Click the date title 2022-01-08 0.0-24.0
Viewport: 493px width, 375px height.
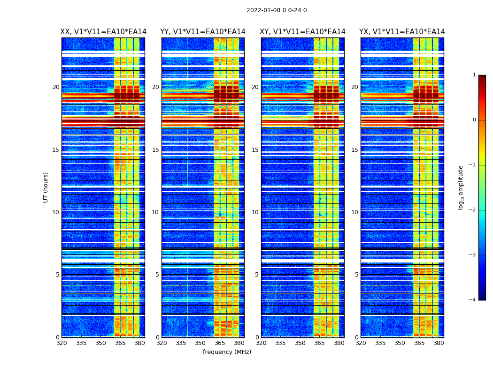(277, 10)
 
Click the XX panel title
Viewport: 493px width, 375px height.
(103, 32)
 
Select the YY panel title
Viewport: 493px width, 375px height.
(203, 32)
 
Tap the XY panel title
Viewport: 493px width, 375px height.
(303, 32)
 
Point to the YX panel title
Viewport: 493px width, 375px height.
(402, 32)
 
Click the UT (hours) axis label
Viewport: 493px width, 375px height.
(46, 187)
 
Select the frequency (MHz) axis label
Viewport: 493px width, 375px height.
(227, 352)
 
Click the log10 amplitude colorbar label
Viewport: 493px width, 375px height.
(461, 187)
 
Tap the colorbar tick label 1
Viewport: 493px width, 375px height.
(474, 75)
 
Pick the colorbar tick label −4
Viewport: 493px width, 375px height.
(473, 300)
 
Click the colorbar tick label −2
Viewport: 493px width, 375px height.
(473, 210)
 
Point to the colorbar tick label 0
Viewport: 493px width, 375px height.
(474, 120)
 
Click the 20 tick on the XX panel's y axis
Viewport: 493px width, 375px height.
(56, 87)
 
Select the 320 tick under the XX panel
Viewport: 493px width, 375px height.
(62, 343)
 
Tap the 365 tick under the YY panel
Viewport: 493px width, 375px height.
(220, 343)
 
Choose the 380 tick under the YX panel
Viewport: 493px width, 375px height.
(439, 343)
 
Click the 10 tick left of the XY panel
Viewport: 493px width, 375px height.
(255, 212)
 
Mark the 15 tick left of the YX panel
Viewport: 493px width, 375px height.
(354, 150)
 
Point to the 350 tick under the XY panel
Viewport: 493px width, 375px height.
(300, 343)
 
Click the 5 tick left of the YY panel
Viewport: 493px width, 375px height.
(157, 275)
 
